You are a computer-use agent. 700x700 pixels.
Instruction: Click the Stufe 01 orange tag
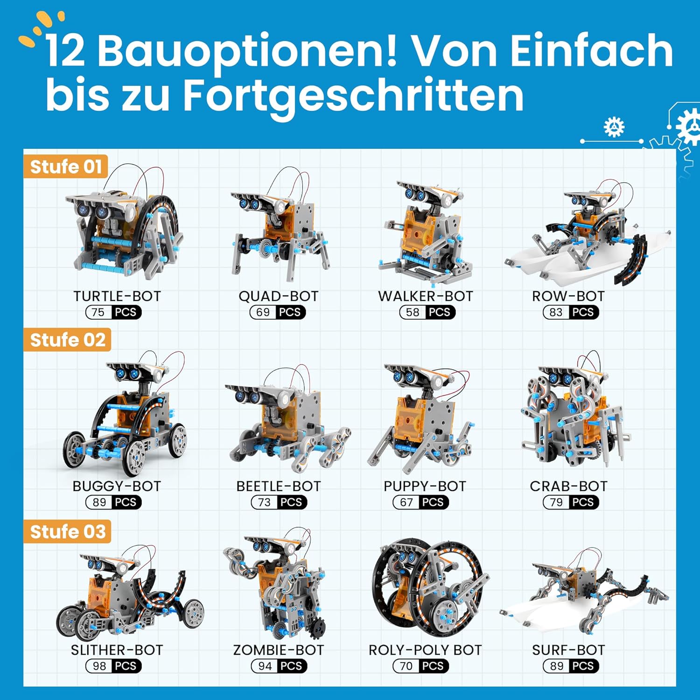(x=66, y=166)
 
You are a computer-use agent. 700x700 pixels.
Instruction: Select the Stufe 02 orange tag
(x=68, y=340)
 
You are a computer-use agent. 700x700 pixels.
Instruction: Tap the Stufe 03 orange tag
(x=68, y=532)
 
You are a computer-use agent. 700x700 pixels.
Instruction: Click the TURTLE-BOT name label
(x=117, y=296)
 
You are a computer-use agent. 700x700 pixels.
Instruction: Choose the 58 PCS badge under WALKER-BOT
(x=427, y=312)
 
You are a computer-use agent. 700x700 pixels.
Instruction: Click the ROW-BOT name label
(x=568, y=296)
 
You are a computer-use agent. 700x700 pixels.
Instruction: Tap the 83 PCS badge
(x=571, y=312)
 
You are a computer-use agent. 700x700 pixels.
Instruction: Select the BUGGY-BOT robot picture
(x=125, y=413)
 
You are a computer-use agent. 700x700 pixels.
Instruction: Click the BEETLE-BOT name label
(x=279, y=486)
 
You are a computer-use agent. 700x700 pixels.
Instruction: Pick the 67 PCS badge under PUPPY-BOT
(x=421, y=502)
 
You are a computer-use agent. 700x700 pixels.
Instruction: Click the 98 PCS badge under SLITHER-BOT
(x=114, y=666)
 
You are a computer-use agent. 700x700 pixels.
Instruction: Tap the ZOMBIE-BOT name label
(x=279, y=650)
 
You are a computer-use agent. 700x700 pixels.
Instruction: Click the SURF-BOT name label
(x=568, y=650)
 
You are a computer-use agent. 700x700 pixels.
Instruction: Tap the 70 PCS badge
(x=421, y=666)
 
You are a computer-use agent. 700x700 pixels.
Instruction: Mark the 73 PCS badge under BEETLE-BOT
(x=279, y=502)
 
